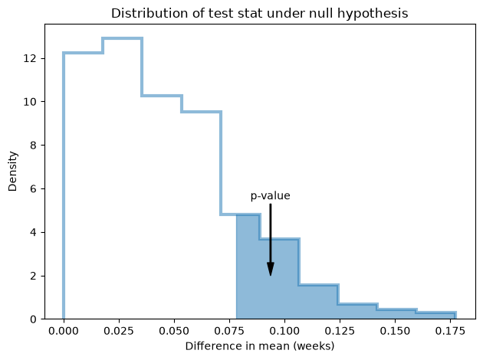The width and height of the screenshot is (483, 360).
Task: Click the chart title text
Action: click(259, 14)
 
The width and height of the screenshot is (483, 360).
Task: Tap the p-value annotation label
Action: click(270, 196)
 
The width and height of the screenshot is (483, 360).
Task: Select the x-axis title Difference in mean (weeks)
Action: click(260, 346)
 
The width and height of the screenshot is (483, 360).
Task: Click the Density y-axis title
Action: click(12, 172)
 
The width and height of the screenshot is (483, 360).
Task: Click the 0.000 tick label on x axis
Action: click(64, 331)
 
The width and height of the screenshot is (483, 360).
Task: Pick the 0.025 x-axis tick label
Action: click(119, 331)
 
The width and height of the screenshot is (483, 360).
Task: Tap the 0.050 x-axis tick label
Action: click(174, 331)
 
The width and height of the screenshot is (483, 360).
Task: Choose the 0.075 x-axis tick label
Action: click(229, 331)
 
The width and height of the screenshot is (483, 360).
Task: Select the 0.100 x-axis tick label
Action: click(284, 331)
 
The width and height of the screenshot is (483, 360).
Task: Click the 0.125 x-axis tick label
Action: click(340, 331)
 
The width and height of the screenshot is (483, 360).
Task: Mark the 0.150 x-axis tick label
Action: click(395, 331)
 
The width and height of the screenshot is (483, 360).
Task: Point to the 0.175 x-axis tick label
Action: click(450, 331)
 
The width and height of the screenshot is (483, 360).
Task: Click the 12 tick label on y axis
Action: click(30, 58)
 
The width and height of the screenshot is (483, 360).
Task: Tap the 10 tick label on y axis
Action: click(30, 102)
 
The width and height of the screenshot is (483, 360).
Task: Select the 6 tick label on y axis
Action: click(33, 188)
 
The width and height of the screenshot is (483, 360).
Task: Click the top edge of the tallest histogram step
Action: click(123, 38)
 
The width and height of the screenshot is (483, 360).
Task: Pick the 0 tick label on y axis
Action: click(33, 319)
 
